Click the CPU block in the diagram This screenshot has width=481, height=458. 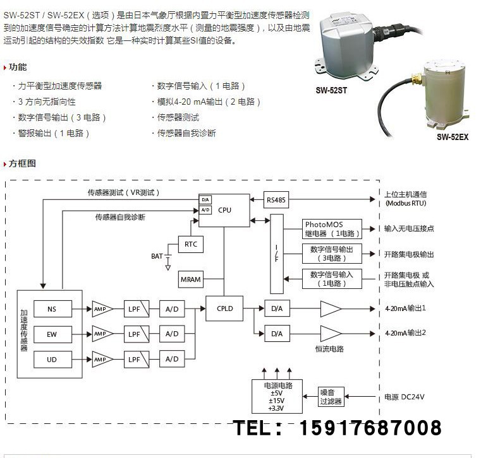tap(224, 210)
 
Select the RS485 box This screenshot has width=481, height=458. tap(276, 201)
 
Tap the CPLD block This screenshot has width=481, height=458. tap(224, 309)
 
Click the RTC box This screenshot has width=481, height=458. tap(190, 244)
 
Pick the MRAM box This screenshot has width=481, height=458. tap(190, 279)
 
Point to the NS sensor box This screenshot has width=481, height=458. tap(51, 309)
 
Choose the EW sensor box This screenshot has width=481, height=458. tap(51, 334)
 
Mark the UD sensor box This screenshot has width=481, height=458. tap(51, 359)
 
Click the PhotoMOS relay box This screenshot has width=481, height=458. tap(332, 228)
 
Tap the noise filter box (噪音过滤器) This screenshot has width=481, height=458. tap(330, 396)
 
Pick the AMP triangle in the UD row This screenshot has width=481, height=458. tap(102, 359)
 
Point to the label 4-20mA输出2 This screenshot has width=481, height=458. tap(405, 332)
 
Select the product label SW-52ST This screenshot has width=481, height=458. tap(331, 90)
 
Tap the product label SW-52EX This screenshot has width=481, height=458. tap(452, 136)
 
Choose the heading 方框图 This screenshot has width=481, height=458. tap(22, 163)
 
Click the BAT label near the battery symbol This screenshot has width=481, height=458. tap(156, 256)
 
